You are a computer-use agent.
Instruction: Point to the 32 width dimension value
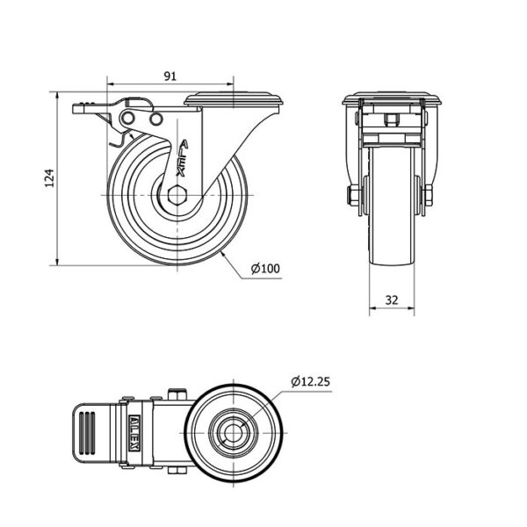click(391, 300)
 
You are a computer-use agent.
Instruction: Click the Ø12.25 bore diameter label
click(311, 381)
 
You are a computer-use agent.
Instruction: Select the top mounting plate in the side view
click(234, 98)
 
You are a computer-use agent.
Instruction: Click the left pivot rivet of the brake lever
click(129, 118)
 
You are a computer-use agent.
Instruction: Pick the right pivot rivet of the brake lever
click(156, 118)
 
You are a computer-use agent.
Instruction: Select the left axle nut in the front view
click(352, 195)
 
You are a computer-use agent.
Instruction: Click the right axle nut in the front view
click(428, 195)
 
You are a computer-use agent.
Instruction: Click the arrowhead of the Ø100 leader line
click(225, 253)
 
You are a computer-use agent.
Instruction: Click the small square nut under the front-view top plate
click(393, 119)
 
